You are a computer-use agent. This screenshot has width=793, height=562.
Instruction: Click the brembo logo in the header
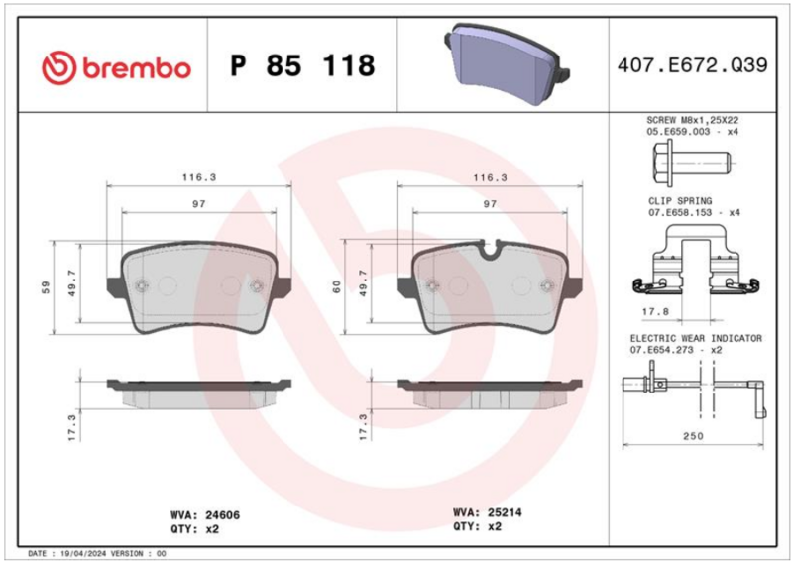[116, 67]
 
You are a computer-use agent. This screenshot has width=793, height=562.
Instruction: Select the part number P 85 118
[302, 65]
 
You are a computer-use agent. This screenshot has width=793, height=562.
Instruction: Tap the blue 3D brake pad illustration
[507, 63]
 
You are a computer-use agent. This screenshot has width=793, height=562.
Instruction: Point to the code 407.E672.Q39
[692, 65]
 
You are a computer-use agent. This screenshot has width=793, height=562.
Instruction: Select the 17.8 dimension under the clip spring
[655, 312]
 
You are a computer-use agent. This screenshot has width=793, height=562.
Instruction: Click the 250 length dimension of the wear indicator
[693, 436]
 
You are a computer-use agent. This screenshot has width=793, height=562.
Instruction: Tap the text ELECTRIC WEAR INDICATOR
[696, 338]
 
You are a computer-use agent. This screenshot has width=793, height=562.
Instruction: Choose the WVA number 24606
[222, 515]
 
